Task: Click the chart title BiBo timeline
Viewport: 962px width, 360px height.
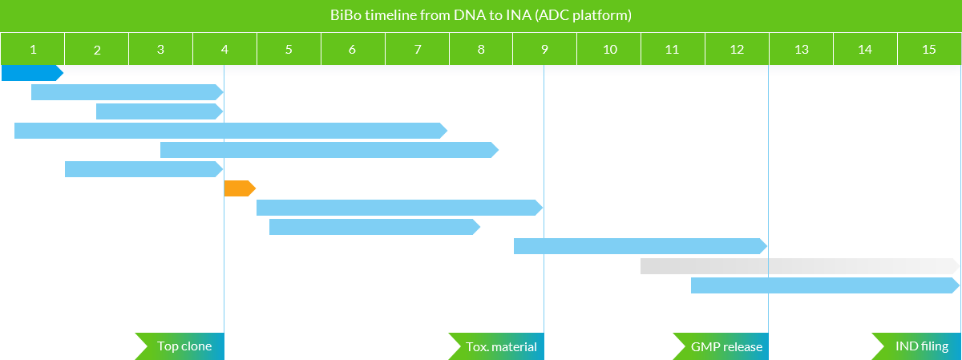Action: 480,15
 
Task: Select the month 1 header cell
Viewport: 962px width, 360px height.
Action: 33,49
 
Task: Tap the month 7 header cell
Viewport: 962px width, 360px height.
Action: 418,49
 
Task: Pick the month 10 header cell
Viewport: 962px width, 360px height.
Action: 609,49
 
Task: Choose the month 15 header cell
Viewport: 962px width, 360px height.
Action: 929,49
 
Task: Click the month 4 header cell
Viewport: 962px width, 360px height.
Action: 225,49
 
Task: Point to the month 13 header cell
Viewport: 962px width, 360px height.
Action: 802,49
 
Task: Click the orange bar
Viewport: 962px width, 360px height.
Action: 240,188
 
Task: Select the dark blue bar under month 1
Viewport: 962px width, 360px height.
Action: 33,73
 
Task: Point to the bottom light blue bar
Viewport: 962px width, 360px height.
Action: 825,285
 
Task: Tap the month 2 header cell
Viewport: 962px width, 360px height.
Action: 97,49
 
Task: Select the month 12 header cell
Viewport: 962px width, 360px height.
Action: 737,49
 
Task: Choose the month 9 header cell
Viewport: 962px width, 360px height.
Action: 544,49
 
